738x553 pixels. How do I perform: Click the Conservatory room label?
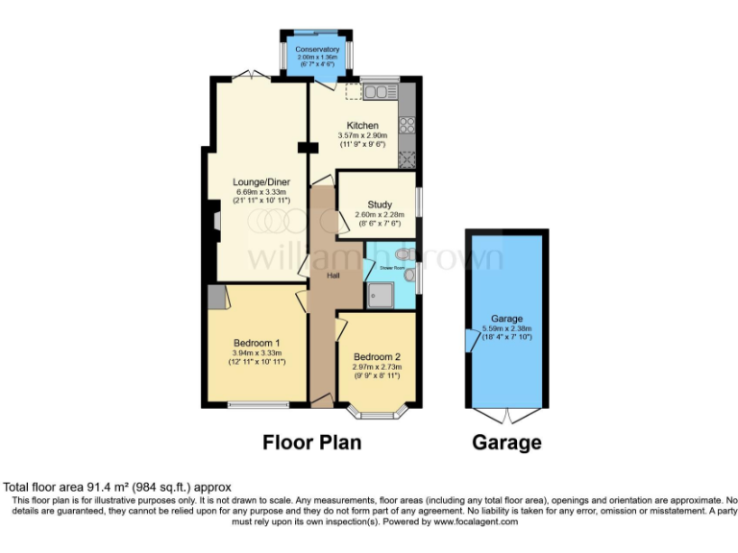click(x=317, y=49)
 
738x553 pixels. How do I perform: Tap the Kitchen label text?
click(x=360, y=126)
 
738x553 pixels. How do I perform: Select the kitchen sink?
click(x=381, y=92)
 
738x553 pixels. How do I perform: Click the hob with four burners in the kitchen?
click(x=406, y=125)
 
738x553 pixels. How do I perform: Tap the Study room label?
click(x=379, y=204)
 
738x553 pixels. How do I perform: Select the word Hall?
click(x=333, y=275)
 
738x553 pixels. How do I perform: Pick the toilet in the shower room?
click(x=403, y=253)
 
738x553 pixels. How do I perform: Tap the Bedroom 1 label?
click(x=257, y=343)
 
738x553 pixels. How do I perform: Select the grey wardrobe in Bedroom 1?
click(x=217, y=297)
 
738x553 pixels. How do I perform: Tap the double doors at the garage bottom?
click(x=505, y=415)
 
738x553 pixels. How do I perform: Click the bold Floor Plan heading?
click(x=312, y=443)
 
